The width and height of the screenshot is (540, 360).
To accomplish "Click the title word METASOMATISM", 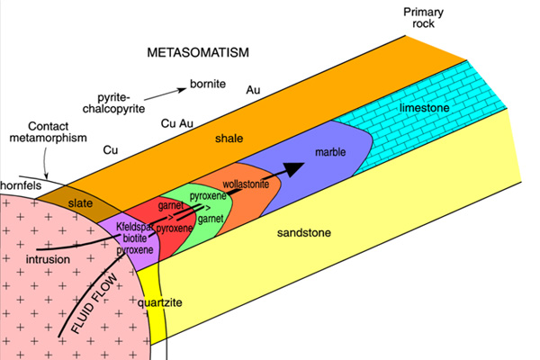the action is click(x=198, y=52).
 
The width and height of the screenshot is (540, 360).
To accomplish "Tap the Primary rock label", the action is click(x=423, y=18).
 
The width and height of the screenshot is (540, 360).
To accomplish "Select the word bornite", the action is click(x=208, y=84).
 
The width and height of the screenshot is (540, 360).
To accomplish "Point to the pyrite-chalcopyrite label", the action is click(x=113, y=103).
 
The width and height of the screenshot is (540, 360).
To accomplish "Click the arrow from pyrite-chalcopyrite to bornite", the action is click(x=165, y=94).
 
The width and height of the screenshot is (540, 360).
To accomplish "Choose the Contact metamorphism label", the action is click(x=49, y=132).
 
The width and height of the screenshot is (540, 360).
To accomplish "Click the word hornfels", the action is click(x=21, y=185).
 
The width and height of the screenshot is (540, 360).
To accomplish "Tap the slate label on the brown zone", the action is click(x=80, y=203).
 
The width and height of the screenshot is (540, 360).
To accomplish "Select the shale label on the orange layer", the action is click(x=229, y=139).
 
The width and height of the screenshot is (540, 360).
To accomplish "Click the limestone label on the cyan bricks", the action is click(x=424, y=108).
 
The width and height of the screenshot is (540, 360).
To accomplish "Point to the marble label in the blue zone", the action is click(x=330, y=152).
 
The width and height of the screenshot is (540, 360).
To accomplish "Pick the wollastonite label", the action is click(x=246, y=184).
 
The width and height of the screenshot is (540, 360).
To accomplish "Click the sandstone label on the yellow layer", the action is click(x=304, y=233).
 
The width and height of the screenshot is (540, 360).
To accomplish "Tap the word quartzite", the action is click(x=160, y=302).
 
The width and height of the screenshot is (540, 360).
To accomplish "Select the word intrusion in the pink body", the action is click(x=48, y=259).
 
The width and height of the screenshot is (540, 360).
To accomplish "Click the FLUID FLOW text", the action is click(x=94, y=304).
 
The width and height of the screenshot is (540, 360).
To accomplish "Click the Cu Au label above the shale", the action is click(x=177, y=123).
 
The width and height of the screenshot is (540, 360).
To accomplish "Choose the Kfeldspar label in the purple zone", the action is click(x=135, y=227).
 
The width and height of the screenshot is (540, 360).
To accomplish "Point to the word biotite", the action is click(x=135, y=238).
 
